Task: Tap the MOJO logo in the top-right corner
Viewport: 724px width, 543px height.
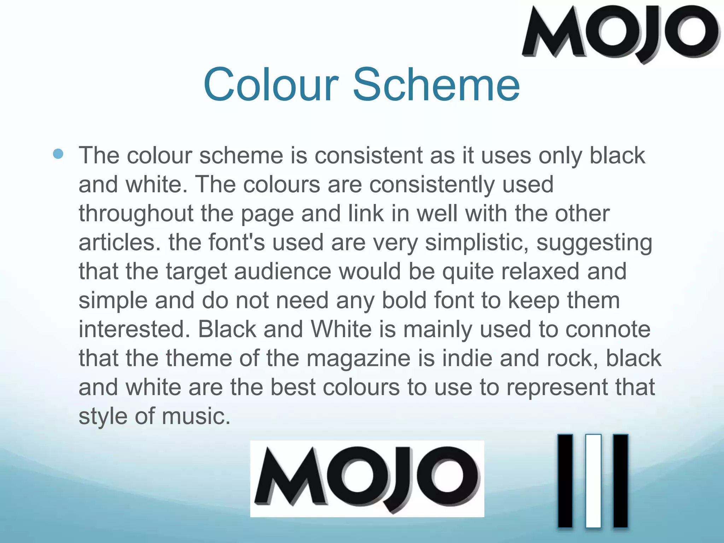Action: tap(620, 34)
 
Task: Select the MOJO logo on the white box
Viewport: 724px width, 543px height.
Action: tap(367, 479)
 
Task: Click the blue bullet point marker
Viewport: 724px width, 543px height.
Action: tap(58, 154)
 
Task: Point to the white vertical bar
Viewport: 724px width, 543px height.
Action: tap(593, 481)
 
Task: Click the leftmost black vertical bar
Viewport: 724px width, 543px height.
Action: tap(565, 481)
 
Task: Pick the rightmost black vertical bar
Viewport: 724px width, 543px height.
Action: tap(620, 481)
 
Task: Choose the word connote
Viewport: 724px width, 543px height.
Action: tap(608, 329)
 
